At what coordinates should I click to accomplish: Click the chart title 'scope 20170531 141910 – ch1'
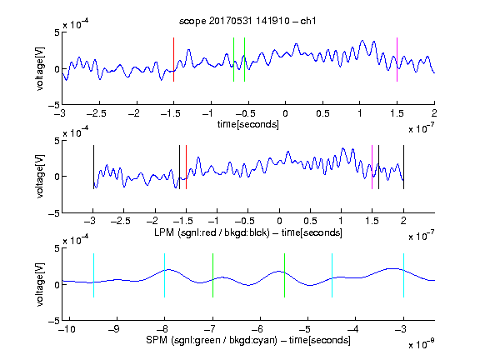coord(247,21)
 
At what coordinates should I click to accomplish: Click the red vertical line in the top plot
coord(173,60)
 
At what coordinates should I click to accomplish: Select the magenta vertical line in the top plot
coord(397,60)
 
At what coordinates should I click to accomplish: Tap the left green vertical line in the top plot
coord(233,60)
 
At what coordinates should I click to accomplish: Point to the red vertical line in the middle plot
coord(186,167)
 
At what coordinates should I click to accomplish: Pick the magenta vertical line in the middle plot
coord(372,167)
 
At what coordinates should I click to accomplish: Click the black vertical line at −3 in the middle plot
coord(93,167)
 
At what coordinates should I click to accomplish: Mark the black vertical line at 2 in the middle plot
coord(403,167)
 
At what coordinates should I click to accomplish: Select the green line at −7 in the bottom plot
coord(212,276)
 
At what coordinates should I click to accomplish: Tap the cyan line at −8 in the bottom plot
coord(164,276)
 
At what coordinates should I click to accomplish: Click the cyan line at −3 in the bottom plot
coord(403,276)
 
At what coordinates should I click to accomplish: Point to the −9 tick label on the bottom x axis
coord(115,329)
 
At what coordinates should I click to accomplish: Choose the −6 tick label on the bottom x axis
coord(257,329)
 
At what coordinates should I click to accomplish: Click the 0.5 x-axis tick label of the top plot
coord(322,113)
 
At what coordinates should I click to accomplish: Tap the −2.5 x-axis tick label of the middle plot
coord(120,221)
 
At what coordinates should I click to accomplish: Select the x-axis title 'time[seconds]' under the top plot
coord(248,124)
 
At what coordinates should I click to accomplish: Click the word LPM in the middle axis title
coord(164,232)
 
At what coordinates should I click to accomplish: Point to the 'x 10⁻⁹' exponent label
coord(421,344)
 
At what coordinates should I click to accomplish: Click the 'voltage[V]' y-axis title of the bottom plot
coord(40,285)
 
